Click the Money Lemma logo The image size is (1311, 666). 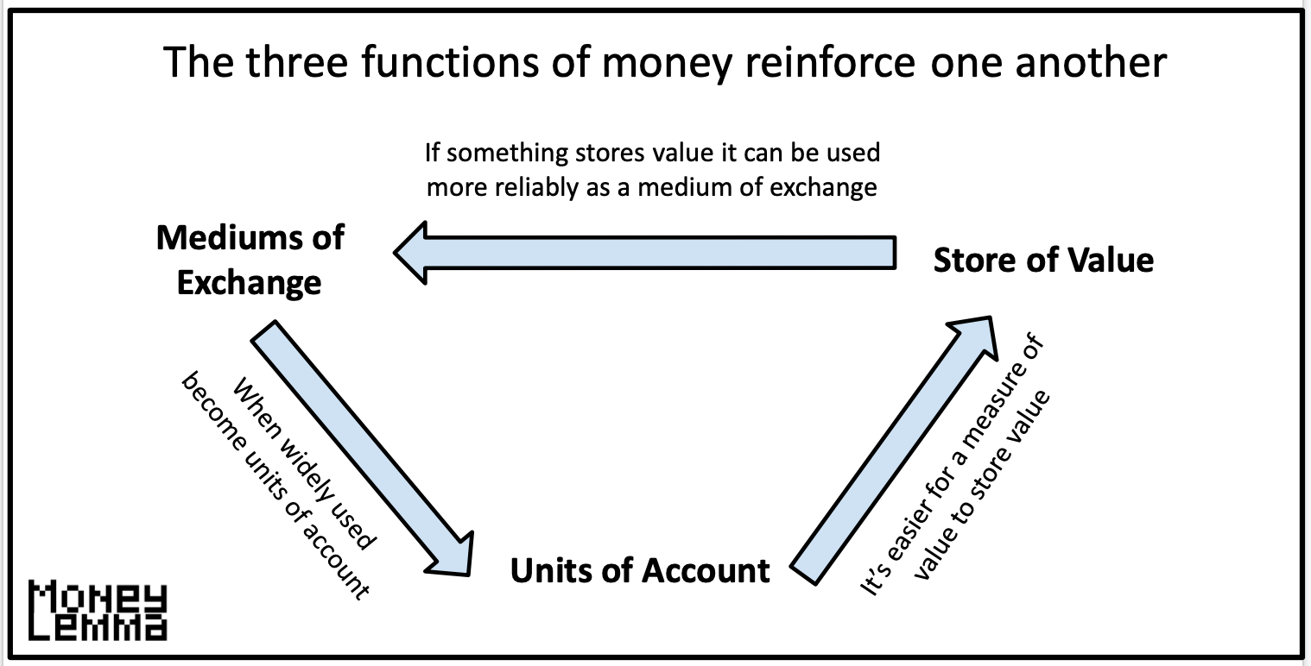pyautogui.click(x=98, y=611)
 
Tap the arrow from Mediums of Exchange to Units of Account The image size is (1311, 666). pyautogui.click(x=363, y=448)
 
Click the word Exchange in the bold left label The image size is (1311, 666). pyautogui.click(x=249, y=282)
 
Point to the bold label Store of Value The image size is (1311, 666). pyautogui.click(x=1043, y=260)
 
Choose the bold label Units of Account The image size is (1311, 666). pyautogui.click(x=640, y=570)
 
